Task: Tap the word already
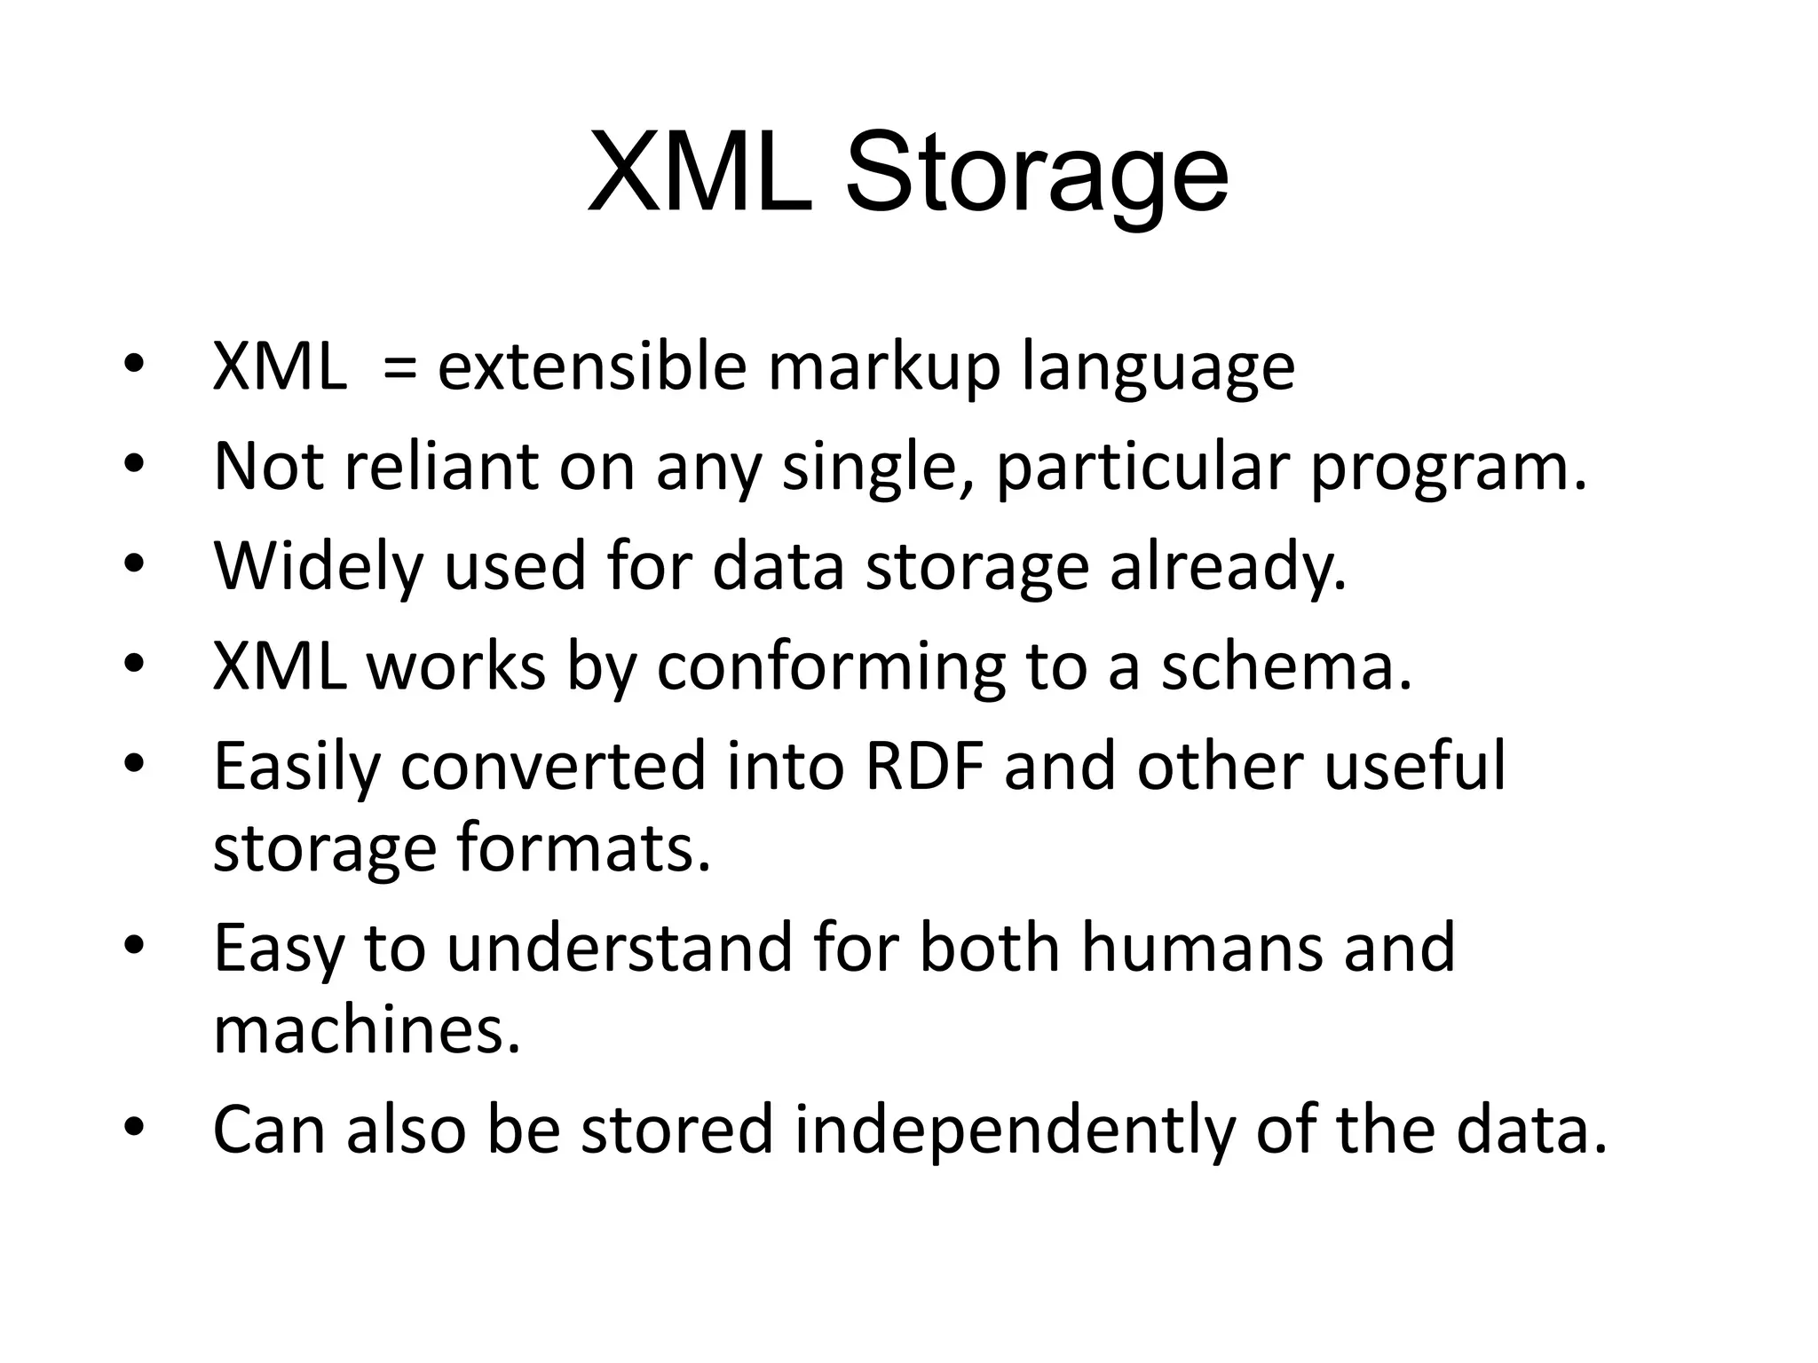1227,568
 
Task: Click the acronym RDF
923,767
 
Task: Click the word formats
583,849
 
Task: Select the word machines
366,1030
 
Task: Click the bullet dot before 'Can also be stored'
133,1127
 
